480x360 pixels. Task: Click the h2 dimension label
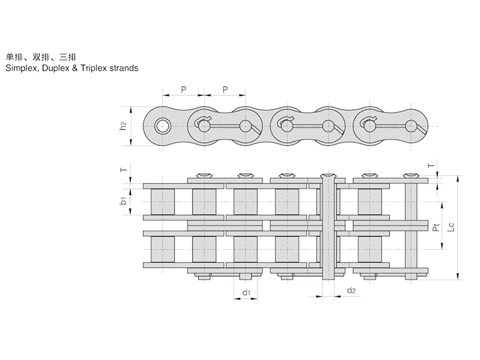click(122, 126)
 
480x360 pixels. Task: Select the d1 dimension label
click(246, 292)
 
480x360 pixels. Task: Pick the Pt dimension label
click(436, 227)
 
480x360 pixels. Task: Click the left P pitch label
click(183, 89)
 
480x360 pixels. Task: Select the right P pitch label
click(225, 89)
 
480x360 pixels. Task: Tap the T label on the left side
click(124, 170)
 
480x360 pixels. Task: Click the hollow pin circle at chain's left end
click(162, 126)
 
